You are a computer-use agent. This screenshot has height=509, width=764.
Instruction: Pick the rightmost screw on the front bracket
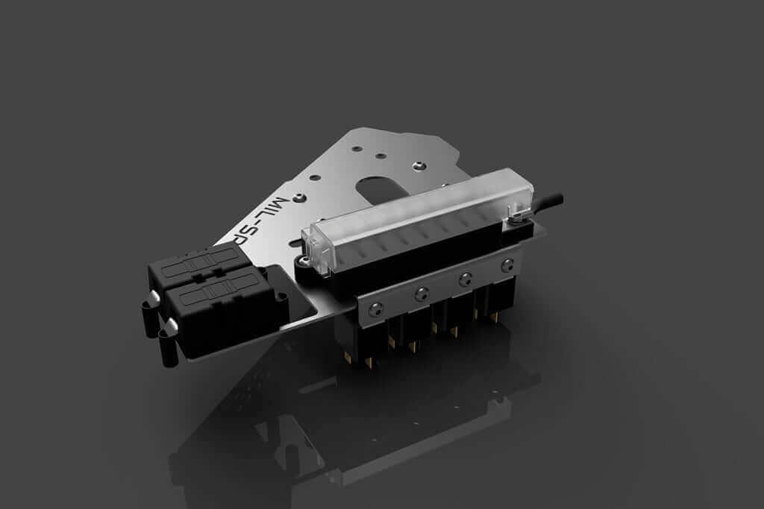pos(508,265)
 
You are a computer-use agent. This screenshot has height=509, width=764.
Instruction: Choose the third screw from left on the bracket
pos(466,279)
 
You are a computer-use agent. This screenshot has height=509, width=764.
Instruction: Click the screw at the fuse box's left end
pos(305,260)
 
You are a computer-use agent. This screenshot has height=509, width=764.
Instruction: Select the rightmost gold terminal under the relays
pos(494,318)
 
